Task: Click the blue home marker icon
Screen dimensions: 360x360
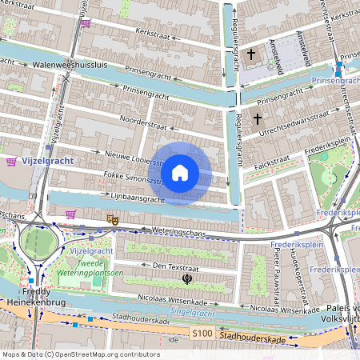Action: [x=180, y=172]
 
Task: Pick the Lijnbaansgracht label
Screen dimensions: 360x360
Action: [x=133, y=197]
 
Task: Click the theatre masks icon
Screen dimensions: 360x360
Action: [x=113, y=218]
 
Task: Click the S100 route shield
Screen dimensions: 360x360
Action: [x=202, y=332]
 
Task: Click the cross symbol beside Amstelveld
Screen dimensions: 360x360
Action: [x=251, y=54]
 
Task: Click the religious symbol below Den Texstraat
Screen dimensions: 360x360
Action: [x=186, y=279]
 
